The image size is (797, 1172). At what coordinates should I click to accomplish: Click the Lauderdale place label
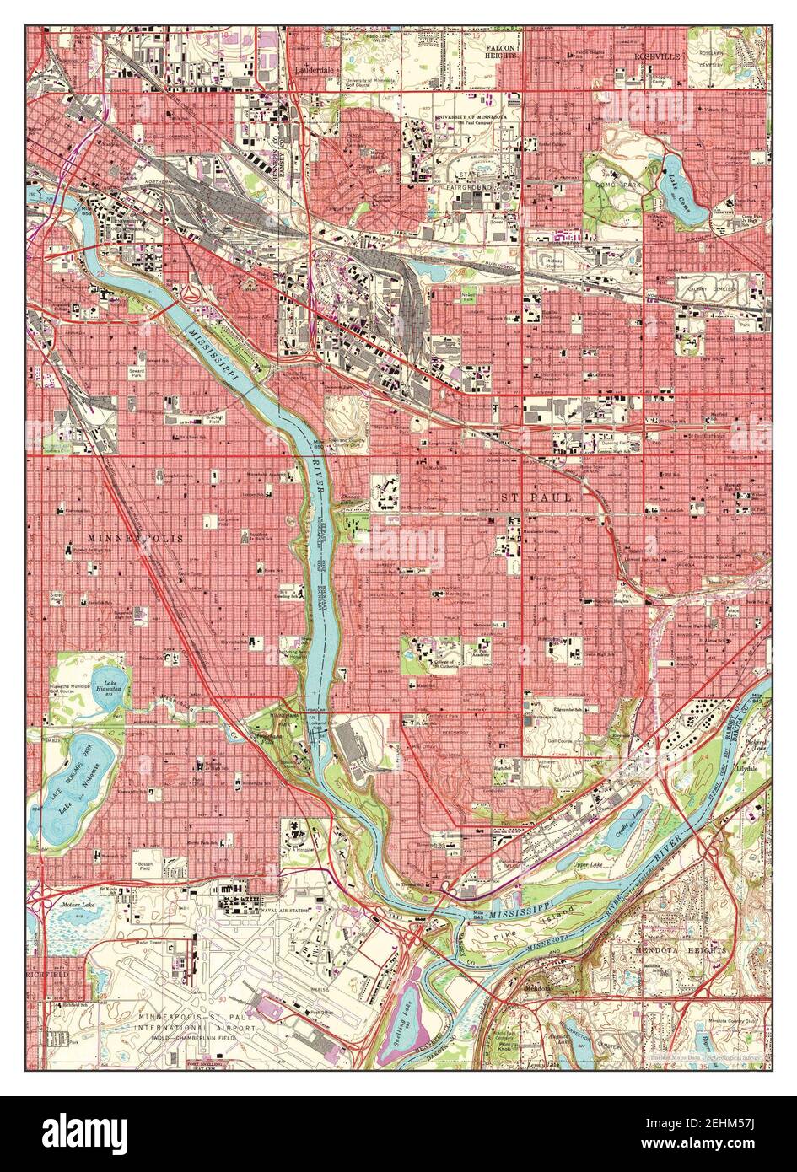point(315,71)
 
